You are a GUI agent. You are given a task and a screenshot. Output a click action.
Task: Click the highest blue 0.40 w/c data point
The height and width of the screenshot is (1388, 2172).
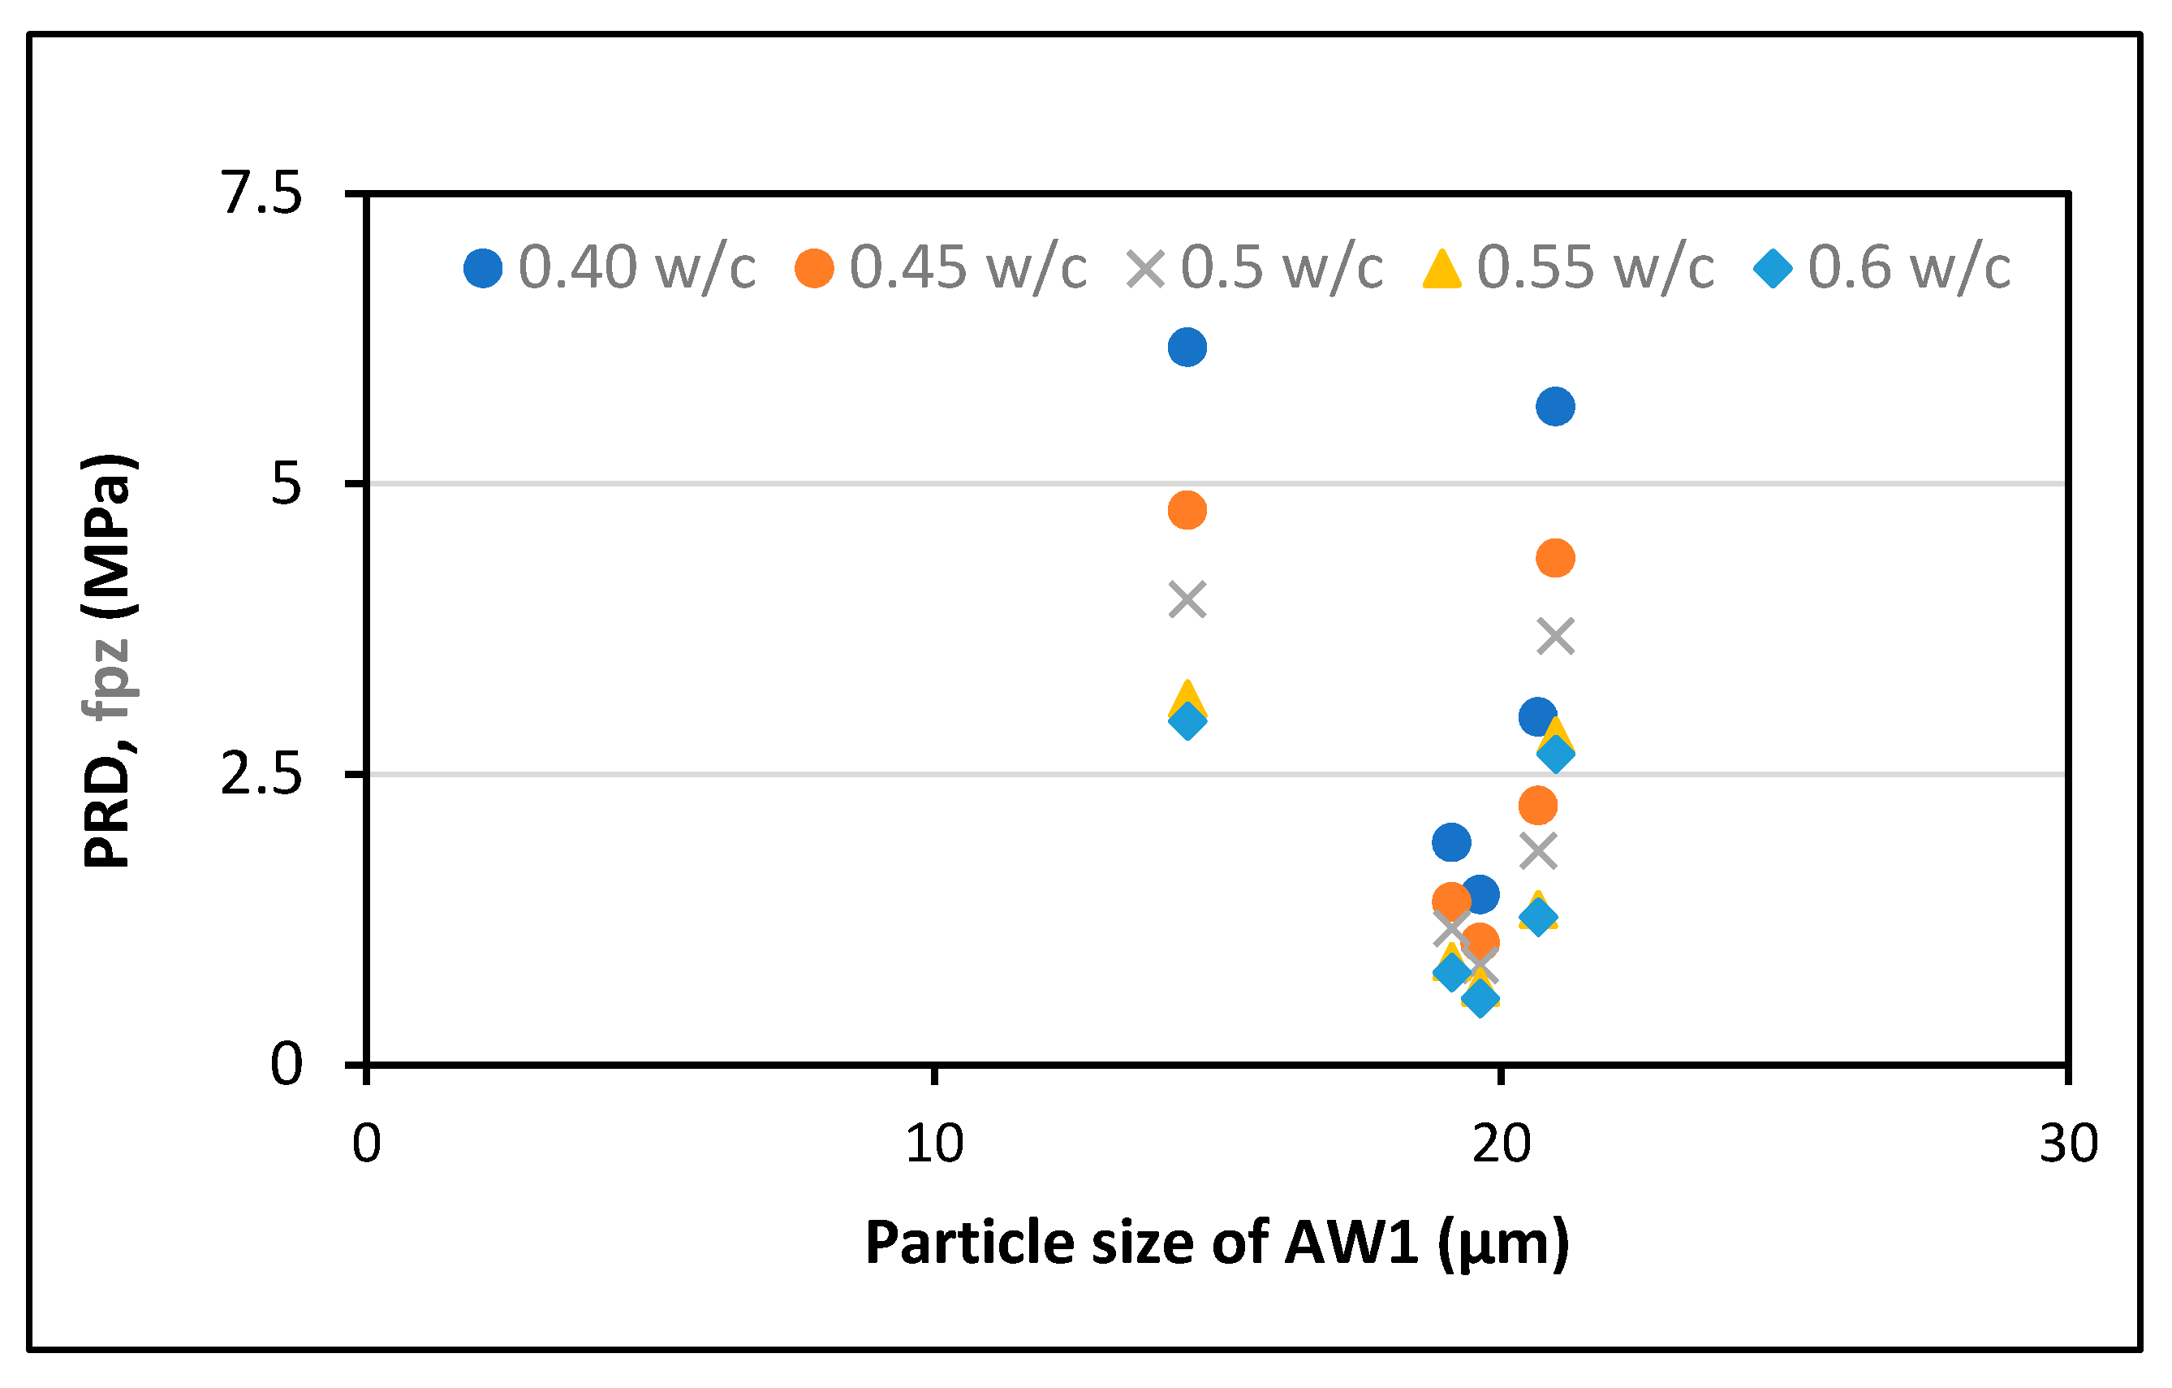(1187, 348)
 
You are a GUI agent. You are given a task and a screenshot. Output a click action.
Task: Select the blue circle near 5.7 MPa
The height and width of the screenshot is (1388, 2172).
(1555, 407)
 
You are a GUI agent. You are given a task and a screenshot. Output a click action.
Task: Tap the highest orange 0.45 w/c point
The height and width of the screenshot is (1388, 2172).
(1187, 511)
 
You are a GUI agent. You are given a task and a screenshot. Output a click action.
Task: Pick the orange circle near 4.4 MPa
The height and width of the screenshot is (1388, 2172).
(1555, 559)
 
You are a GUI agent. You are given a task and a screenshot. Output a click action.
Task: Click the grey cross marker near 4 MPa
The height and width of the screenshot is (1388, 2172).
(1187, 600)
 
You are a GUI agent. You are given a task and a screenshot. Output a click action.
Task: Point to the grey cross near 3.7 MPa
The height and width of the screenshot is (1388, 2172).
(1555, 637)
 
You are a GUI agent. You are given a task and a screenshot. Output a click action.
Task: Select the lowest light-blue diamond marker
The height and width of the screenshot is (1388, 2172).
(1480, 998)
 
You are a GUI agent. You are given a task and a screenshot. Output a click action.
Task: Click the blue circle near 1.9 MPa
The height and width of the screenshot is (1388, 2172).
(1451, 843)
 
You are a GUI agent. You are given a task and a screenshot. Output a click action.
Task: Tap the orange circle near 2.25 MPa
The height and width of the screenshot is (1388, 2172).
(1538, 805)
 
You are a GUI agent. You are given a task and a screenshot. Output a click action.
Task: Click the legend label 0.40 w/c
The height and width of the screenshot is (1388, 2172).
(636, 268)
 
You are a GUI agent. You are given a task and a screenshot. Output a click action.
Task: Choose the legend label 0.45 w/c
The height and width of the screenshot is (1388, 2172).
(967, 268)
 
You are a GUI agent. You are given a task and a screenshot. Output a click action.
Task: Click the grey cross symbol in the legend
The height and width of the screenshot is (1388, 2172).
(1145, 269)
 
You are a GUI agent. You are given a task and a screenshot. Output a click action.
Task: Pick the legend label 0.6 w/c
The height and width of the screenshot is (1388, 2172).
(1909, 268)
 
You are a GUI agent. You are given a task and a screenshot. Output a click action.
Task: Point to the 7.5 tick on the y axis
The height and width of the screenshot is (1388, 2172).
(261, 193)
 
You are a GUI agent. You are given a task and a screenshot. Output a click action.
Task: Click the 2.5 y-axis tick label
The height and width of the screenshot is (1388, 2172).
(261, 774)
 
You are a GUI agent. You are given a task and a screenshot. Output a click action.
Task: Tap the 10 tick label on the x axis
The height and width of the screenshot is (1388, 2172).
(934, 1144)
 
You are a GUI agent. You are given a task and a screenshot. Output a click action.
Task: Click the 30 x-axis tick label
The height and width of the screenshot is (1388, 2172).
(2068, 1144)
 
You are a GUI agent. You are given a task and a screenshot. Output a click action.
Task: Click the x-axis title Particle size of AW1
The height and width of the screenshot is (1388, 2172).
(1217, 1243)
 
